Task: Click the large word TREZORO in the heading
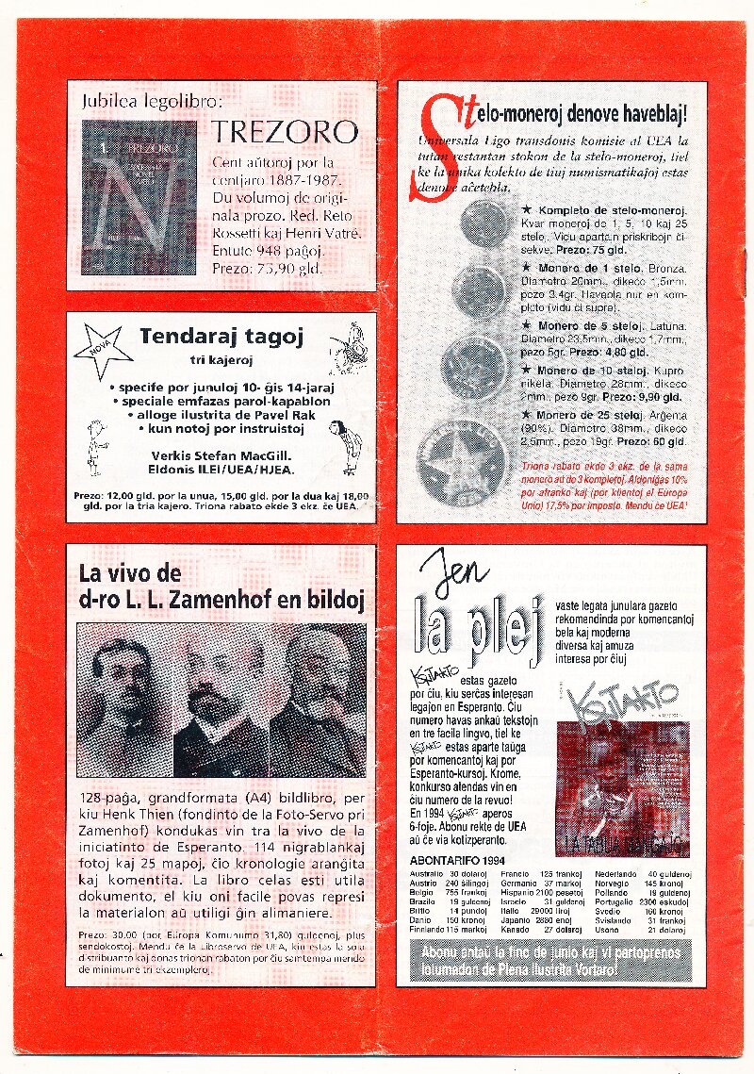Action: click(x=285, y=131)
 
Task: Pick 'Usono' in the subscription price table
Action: click(x=607, y=930)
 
